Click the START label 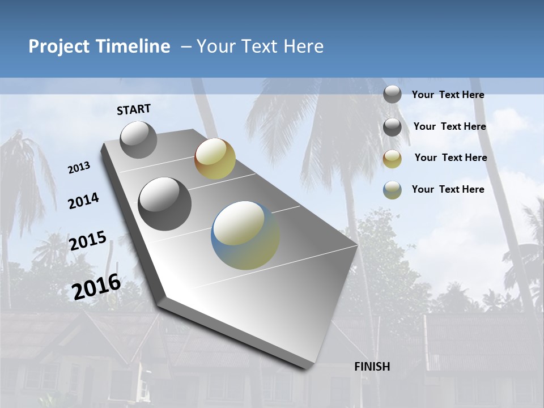coord(134,109)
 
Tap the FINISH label coord(372,367)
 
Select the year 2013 coord(79,168)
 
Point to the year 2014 coord(84,201)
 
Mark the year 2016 coord(96,286)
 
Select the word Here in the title coord(304,46)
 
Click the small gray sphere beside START coord(139,139)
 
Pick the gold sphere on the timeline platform coord(215,159)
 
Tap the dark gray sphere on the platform coord(165,204)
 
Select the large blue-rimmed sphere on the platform coord(245,235)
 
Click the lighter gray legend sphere coord(392,95)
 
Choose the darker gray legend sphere coord(392,127)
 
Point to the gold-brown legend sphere coord(392,159)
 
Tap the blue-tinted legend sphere coord(392,190)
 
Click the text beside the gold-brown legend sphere coord(450,158)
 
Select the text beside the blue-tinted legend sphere coord(448,189)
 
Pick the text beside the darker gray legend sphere coord(449,126)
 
